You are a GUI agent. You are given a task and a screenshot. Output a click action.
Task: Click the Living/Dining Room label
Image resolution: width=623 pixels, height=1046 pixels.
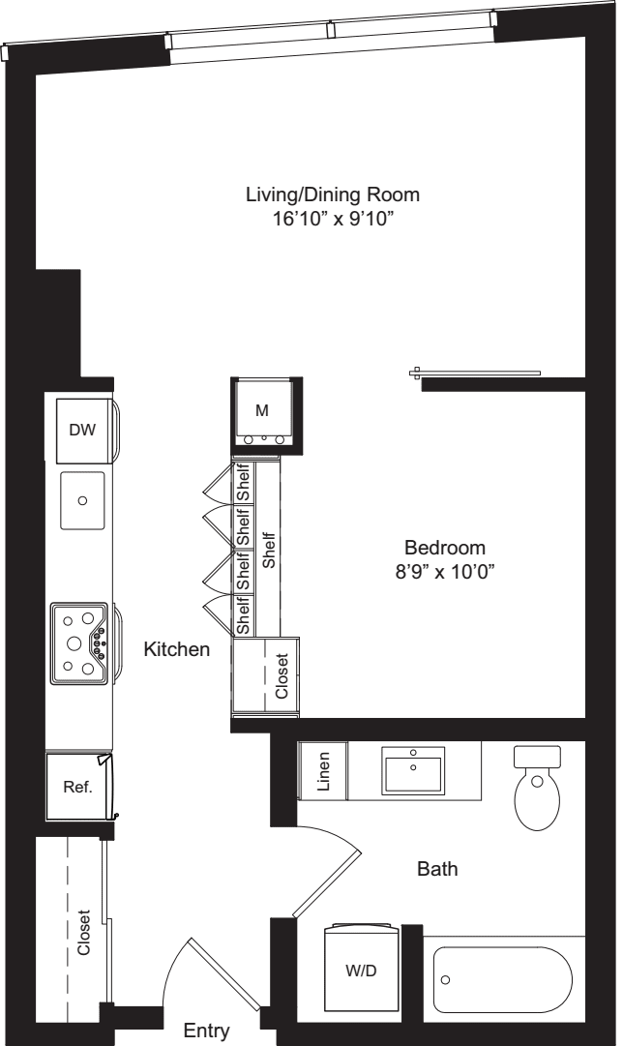[x=333, y=194]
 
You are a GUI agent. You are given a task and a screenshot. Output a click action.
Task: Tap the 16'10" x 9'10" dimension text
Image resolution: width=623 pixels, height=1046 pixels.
[x=333, y=219]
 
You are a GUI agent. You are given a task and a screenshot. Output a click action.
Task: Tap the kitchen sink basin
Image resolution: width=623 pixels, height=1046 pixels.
[x=82, y=500]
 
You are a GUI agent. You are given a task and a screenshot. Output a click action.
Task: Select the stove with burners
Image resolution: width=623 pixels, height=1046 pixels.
[x=80, y=640]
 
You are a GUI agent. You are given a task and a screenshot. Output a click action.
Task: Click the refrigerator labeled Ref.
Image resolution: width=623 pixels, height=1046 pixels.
[x=77, y=787]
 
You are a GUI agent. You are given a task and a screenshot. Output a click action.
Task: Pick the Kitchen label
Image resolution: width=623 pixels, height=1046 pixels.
[x=176, y=650]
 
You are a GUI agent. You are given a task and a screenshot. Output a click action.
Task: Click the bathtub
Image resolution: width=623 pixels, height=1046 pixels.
[x=503, y=979]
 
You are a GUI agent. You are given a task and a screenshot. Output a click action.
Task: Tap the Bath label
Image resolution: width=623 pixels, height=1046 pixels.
[x=437, y=870]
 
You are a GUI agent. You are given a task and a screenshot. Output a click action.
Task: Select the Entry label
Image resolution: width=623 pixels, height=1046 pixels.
[x=206, y=1031]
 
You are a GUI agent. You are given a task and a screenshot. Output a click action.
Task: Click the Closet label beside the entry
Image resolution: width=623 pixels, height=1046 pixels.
[x=84, y=933]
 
